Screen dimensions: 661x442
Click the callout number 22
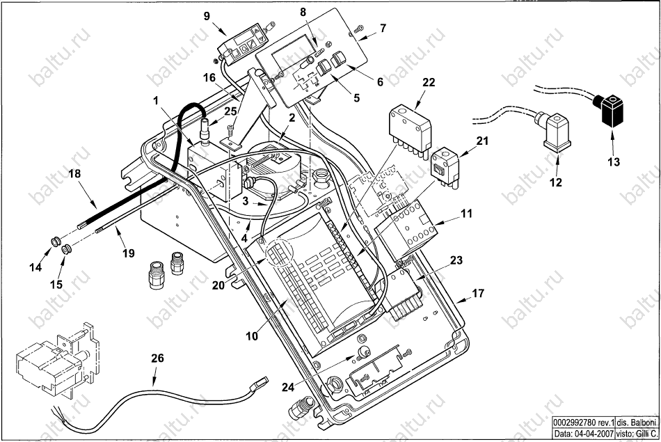429,82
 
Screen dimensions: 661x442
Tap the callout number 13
614,161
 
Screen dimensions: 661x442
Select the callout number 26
157,359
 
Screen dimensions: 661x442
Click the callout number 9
207,17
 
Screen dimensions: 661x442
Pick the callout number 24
288,387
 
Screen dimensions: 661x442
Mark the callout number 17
478,293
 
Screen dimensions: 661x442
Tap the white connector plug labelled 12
553,131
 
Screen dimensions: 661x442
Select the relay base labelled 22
410,129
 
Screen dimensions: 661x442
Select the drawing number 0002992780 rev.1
584,423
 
